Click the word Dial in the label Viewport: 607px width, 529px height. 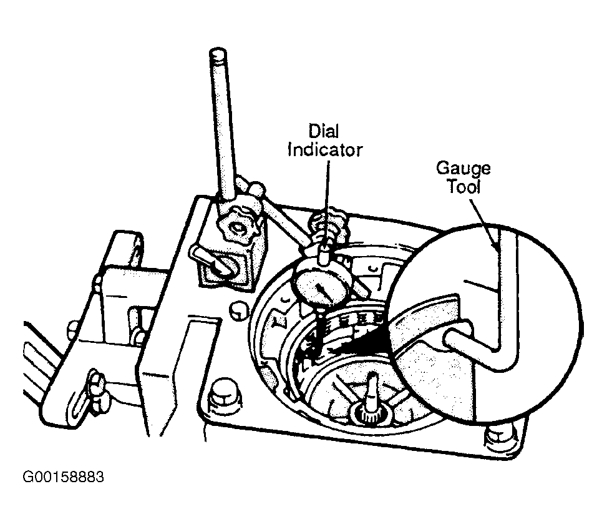(324, 131)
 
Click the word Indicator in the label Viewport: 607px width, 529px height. (325, 150)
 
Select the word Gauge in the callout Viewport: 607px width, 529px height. (464, 169)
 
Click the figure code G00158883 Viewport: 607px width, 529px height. (64, 477)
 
